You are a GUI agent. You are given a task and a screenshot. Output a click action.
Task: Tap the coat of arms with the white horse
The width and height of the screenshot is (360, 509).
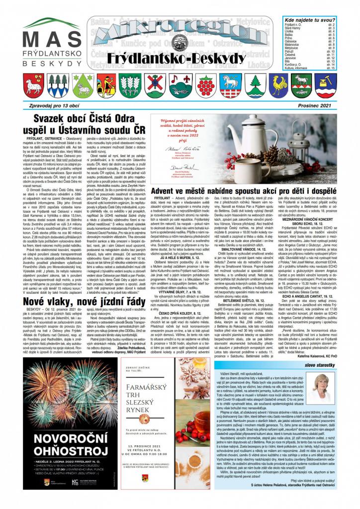point(231,85)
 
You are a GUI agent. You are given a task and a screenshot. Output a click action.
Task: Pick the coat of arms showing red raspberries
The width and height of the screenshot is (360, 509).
point(204,85)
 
